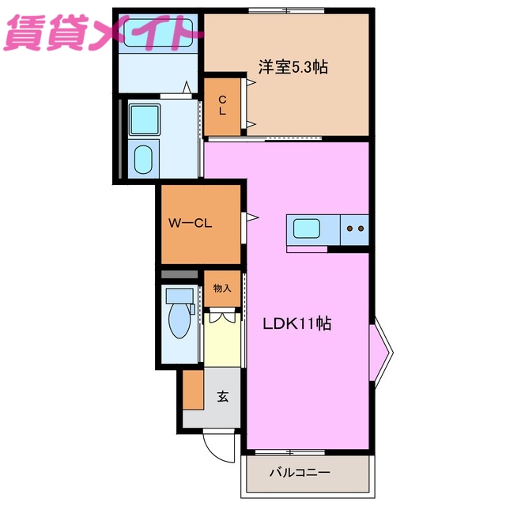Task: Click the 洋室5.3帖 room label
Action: [293, 68]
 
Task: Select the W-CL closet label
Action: [191, 223]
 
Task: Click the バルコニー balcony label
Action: [299, 473]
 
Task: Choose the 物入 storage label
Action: [222, 288]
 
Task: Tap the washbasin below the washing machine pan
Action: [143, 159]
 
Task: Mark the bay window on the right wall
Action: [380, 348]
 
